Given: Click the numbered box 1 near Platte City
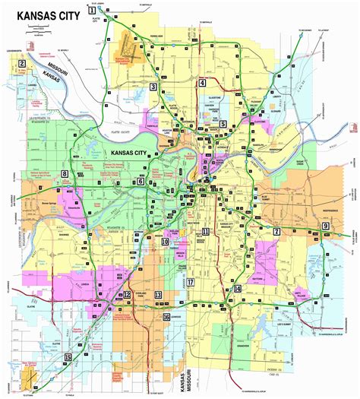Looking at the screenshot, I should (x=91, y=10).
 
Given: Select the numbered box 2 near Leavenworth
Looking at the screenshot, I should (x=23, y=65).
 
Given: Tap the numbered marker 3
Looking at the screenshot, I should (x=153, y=87).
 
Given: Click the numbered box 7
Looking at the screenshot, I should (x=277, y=231).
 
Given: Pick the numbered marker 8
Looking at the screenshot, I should (x=65, y=175).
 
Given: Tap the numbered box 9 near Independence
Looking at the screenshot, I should (x=326, y=226).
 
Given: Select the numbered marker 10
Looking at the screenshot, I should (x=164, y=242).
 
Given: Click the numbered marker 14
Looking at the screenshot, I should (x=237, y=289).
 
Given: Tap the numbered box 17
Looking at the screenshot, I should (x=191, y=282).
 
